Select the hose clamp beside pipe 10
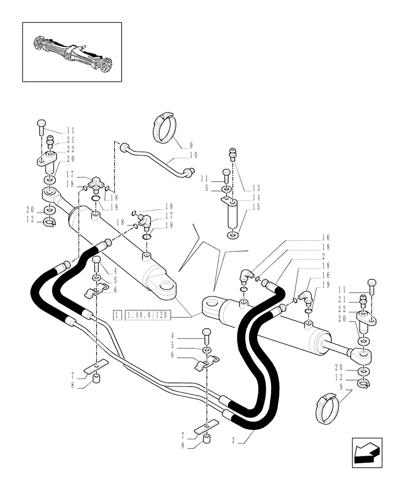click(164, 127)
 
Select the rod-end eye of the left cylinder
click(50, 195)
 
